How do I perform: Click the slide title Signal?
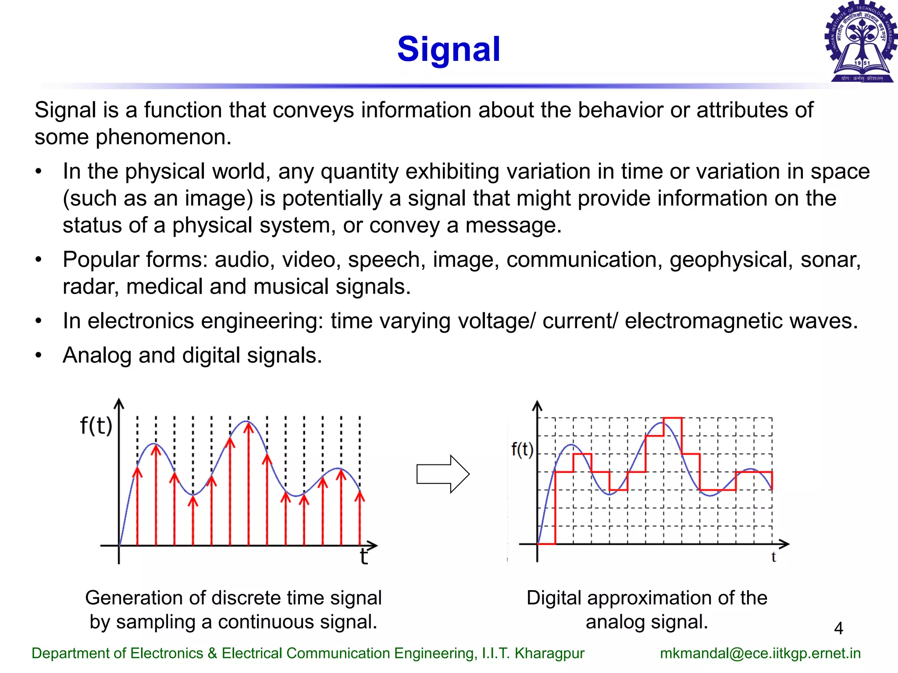coord(449,49)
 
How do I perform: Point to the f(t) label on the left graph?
coord(96,426)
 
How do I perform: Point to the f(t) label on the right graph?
coord(522,450)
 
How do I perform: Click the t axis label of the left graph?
coord(363,557)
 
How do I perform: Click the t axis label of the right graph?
coord(773,557)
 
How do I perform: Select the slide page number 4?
coord(838,628)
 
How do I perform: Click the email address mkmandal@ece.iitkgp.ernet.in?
coord(760,653)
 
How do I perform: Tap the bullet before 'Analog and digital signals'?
coord(39,355)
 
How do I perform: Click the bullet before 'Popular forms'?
coord(39,260)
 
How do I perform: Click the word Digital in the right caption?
coord(553,598)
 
